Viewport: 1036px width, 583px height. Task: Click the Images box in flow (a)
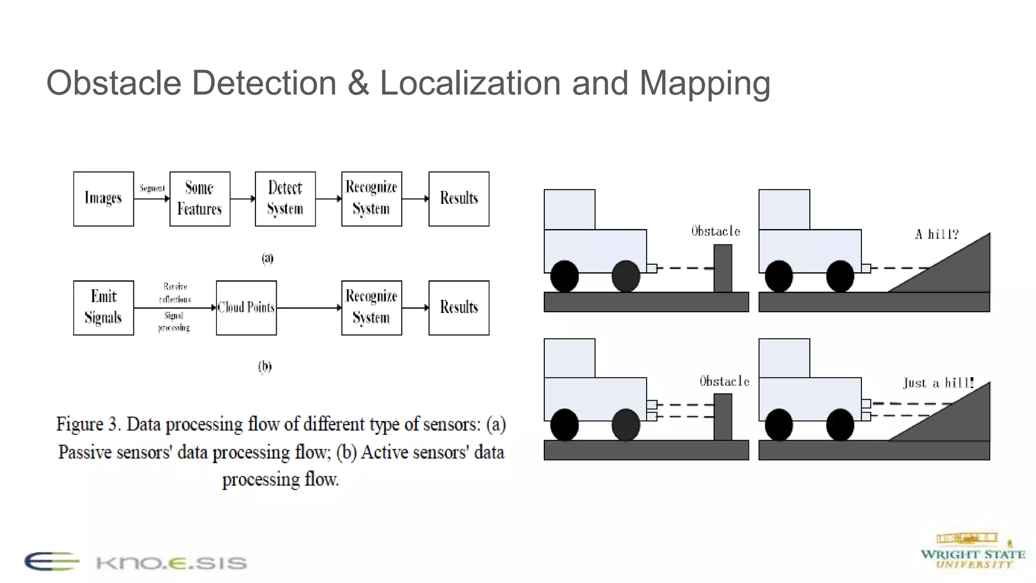(x=103, y=199)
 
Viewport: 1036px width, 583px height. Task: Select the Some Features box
(x=200, y=199)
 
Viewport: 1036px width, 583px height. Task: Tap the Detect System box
(x=285, y=199)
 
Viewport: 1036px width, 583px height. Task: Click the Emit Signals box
(x=103, y=308)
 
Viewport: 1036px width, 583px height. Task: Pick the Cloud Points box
(x=246, y=308)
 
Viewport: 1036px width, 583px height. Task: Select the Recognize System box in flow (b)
(x=371, y=308)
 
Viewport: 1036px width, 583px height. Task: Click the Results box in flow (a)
(x=459, y=199)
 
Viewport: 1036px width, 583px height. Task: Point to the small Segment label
(x=152, y=188)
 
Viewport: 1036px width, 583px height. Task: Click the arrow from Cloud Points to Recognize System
(x=309, y=307)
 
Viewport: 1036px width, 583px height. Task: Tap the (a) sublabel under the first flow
(x=268, y=258)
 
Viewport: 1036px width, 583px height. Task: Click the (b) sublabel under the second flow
(x=265, y=366)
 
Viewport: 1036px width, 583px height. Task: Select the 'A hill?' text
(x=936, y=234)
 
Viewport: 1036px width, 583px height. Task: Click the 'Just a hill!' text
(x=938, y=383)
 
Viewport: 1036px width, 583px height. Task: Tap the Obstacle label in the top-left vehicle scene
(x=716, y=231)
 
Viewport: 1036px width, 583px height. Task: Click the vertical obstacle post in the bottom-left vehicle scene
(x=723, y=417)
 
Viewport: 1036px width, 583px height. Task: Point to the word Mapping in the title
(x=705, y=83)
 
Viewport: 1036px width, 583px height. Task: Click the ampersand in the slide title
(x=358, y=83)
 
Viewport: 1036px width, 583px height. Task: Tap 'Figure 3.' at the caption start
(x=88, y=424)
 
